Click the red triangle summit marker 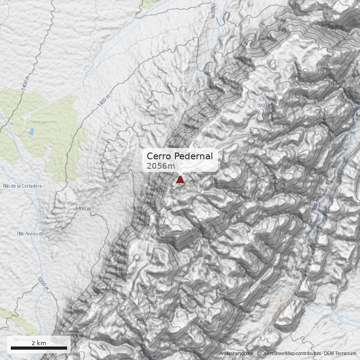point(180,180)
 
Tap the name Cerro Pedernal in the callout point(180,156)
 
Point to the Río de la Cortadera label point(22,186)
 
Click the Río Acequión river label point(31,234)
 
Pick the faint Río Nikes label point(23,339)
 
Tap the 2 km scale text point(39,343)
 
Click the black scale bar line point(39,348)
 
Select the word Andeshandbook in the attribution point(237,354)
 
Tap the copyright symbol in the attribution point(258,354)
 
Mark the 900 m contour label point(303,310)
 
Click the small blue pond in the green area point(31,132)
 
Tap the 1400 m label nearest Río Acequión point(83,208)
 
